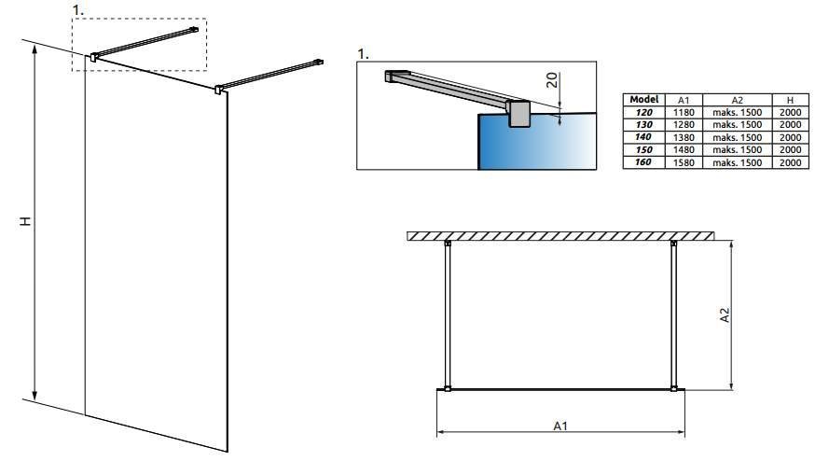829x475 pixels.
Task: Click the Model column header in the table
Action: pyautogui.click(x=644, y=100)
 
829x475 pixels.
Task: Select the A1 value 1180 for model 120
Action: pyautogui.click(x=684, y=112)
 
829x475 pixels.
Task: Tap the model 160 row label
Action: pyautogui.click(x=642, y=161)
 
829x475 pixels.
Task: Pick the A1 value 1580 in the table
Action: pyautogui.click(x=684, y=162)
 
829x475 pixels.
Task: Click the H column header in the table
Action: pyautogui.click(x=791, y=100)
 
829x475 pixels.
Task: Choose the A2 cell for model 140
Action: pyautogui.click(x=737, y=137)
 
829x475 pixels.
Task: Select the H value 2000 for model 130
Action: pyautogui.click(x=791, y=125)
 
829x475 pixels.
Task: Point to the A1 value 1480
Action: pyautogui.click(x=684, y=149)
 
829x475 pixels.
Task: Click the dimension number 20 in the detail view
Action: pyautogui.click(x=551, y=80)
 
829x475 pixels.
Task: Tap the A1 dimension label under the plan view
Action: pyautogui.click(x=560, y=426)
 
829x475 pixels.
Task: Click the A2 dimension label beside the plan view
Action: pyautogui.click(x=725, y=315)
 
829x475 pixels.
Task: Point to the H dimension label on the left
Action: pyautogui.click(x=25, y=221)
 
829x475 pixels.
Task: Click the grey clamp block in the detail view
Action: pyautogui.click(x=518, y=113)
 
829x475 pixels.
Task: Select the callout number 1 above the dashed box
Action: pyautogui.click(x=78, y=10)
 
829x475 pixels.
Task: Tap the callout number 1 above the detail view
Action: pyautogui.click(x=363, y=54)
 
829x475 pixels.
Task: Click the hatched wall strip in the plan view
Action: pyautogui.click(x=560, y=236)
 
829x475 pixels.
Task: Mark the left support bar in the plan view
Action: pyautogui.click(x=448, y=315)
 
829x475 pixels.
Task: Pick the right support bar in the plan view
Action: pyautogui.click(x=673, y=315)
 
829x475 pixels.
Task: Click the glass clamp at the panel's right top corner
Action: pyautogui.click(x=218, y=90)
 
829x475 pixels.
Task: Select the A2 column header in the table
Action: pyautogui.click(x=737, y=100)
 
